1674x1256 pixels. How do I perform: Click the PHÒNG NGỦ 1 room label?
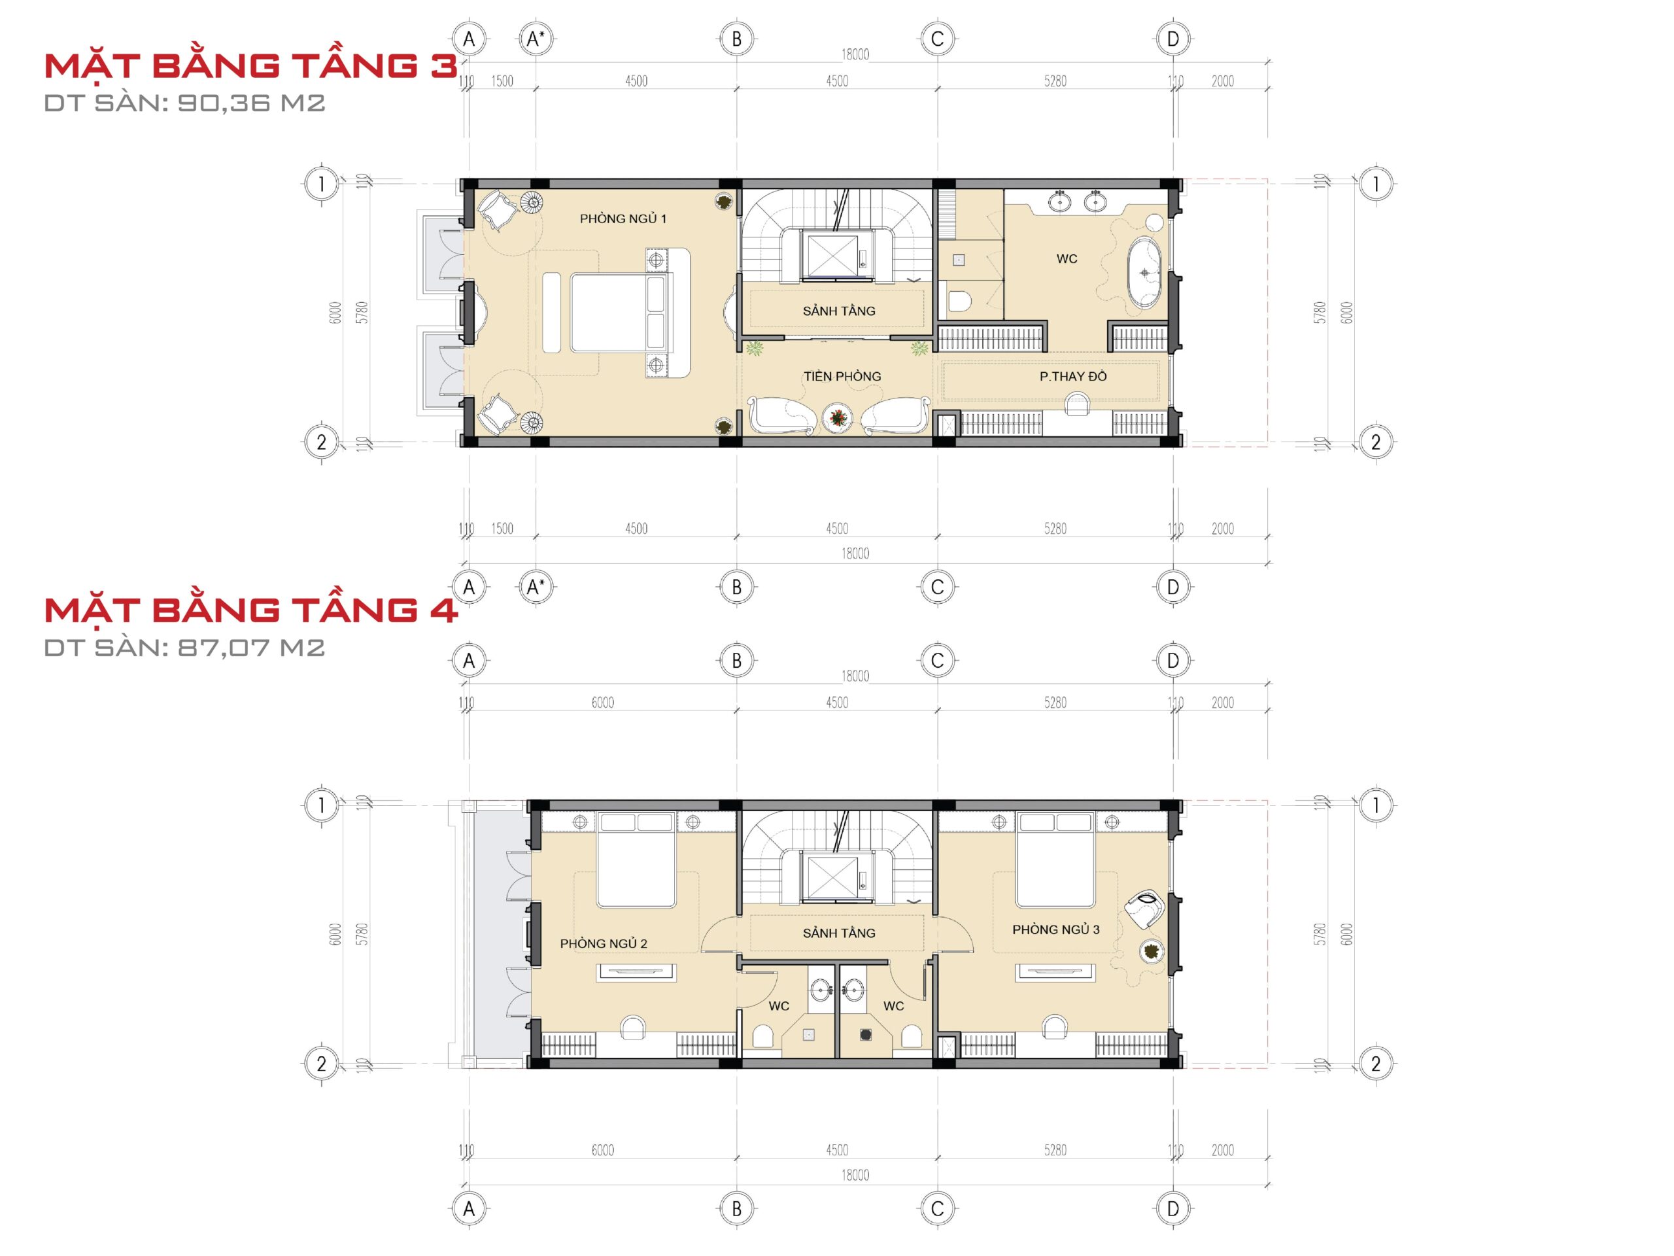[x=623, y=218]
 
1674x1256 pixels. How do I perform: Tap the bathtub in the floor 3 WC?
[x=1144, y=273]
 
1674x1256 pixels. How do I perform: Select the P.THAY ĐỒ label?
[x=1072, y=376]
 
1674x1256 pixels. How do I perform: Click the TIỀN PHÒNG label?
[x=842, y=376]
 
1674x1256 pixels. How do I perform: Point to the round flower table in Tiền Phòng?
[x=838, y=418]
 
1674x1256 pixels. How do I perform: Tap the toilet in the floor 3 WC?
[x=959, y=300]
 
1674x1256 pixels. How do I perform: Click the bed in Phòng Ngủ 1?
[x=621, y=313]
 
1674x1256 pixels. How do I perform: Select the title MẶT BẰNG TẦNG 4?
[x=250, y=610]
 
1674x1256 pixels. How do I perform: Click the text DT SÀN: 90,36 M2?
[x=184, y=103]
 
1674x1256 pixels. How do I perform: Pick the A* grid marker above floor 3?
[x=536, y=39]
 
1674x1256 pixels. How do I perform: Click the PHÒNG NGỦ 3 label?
[x=1055, y=929]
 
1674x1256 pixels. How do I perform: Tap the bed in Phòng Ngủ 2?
[x=636, y=860]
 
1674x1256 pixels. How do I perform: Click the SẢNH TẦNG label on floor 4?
[x=838, y=933]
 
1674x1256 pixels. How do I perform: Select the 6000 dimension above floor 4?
[x=602, y=703]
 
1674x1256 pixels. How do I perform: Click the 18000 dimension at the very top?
[x=855, y=54]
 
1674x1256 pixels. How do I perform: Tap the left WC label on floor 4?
[x=779, y=1006]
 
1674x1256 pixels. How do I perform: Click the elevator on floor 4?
[x=833, y=877]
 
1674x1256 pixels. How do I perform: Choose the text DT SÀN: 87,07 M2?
[x=184, y=648]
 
